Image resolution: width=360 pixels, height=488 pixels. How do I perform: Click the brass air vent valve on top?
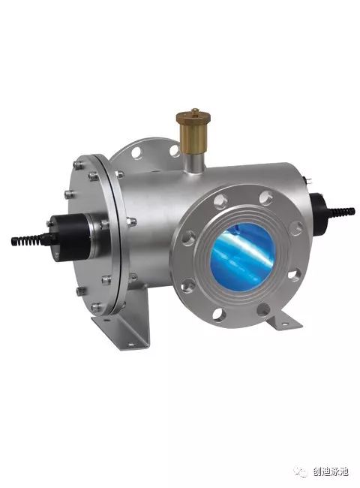click(193, 131)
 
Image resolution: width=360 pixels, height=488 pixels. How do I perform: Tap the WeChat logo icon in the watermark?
click(300, 471)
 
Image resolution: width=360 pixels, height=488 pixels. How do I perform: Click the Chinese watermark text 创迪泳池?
click(331, 471)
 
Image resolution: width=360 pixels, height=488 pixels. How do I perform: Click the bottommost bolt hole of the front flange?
click(219, 314)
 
